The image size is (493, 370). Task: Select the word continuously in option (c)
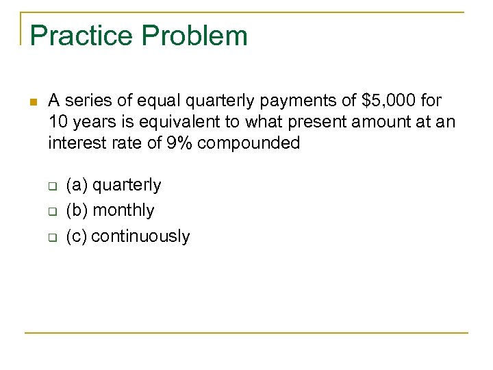click(x=140, y=236)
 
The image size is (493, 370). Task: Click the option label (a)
click(x=77, y=185)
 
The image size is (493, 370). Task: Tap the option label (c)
click(x=77, y=236)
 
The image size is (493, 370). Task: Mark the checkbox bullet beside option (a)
click(x=51, y=186)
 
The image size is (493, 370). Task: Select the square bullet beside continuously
click(x=51, y=238)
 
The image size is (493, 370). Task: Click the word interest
click(x=77, y=143)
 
